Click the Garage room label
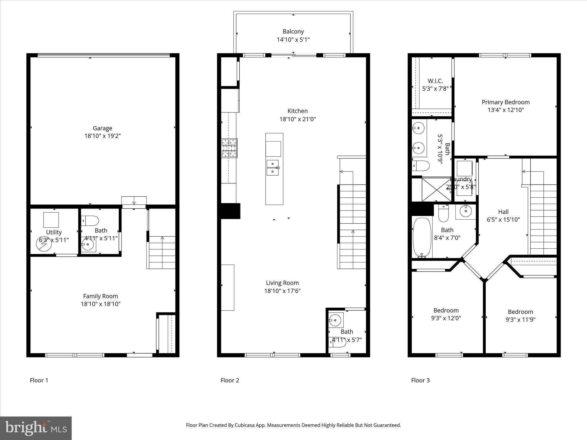(x=102, y=128)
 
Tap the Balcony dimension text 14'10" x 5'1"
(x=293, y=40)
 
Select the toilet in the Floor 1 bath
(x=91, y=221)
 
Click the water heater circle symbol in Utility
(x=44, y=243)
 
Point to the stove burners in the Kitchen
(x=229, y=148)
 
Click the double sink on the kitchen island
(x=273, y=168)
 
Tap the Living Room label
(x=282, y=283)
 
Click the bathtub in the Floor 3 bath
(x=422, y=238)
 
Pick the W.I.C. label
(x=435, y=81)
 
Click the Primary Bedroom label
(x=505, y=102)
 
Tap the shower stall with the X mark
(x=436, y=189)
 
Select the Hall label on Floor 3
(x=503, y=212)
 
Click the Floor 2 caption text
(x=230, y=380)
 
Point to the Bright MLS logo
(x=36, y=428)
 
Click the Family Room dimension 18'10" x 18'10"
(x=100, y=304)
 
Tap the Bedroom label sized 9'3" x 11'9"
(x=520, y=312)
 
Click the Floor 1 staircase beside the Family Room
(x=162, y=252)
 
